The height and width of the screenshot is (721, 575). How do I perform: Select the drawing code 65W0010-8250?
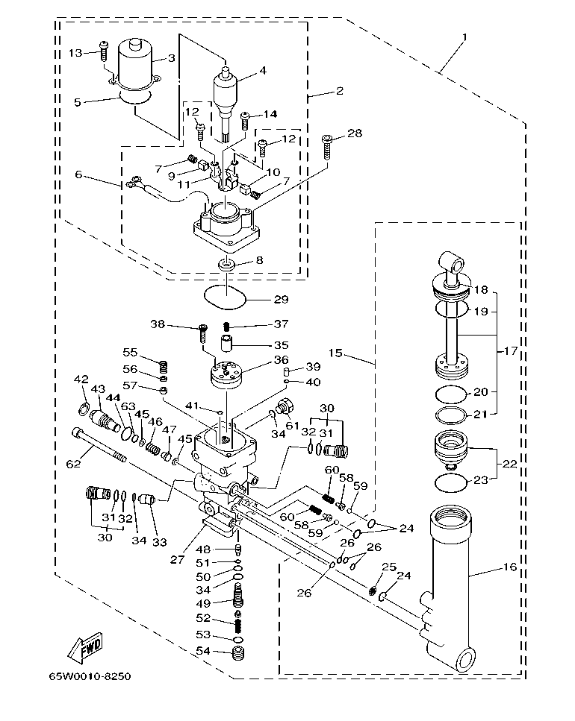(x=90, y=677)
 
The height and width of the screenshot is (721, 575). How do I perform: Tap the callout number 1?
(x=464, y=37)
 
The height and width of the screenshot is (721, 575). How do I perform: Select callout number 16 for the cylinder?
(x=509, y=568)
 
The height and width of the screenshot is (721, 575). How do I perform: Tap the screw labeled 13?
(x=105, y=51)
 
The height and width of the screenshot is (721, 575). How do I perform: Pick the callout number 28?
(x=355, y=133)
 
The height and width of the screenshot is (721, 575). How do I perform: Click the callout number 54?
(x=202, y=652)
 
